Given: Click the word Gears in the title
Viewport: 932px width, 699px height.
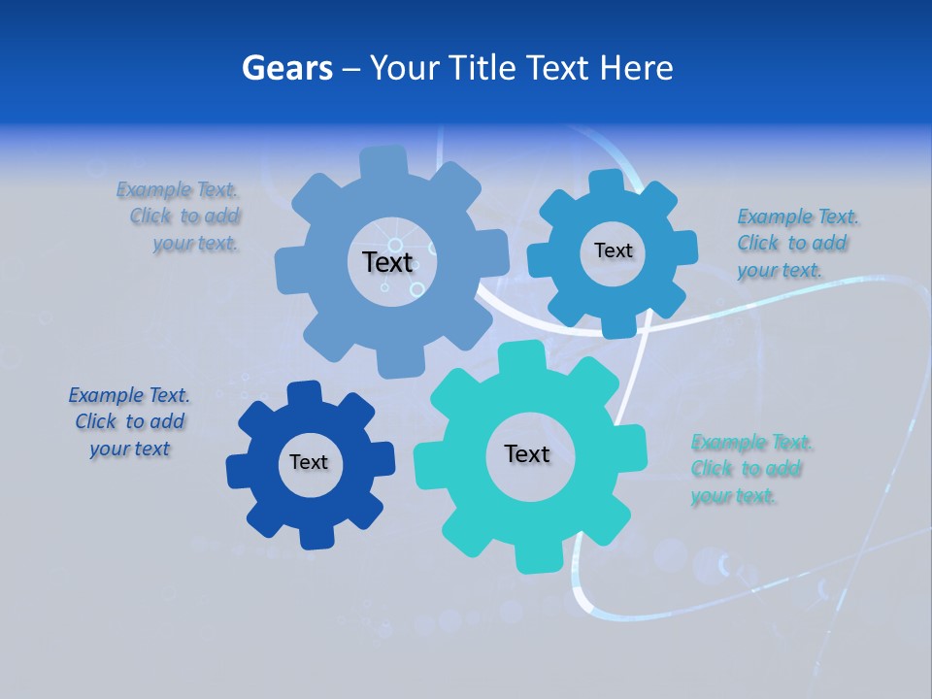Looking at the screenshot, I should coord(286,68).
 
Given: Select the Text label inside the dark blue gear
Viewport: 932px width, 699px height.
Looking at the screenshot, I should coord(309,463).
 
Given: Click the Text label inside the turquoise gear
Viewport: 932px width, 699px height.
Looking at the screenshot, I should coord(527,454).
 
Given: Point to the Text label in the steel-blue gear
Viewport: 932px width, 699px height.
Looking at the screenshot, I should coord(387,262).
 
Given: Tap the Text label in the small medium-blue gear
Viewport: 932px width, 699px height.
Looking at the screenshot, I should coord(613,250).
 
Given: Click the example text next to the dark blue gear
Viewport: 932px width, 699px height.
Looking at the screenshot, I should coord(129,422).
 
